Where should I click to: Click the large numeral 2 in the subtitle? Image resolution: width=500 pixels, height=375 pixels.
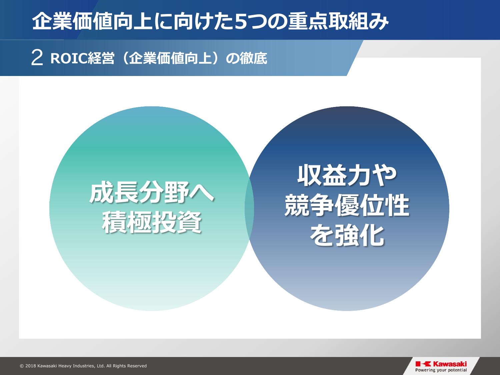point(37,58)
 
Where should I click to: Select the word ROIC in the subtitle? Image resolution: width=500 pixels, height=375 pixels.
point(69,59)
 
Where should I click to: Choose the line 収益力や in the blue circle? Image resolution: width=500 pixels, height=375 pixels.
point(347,175)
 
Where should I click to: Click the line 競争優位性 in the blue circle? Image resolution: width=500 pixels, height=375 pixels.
point(347,205)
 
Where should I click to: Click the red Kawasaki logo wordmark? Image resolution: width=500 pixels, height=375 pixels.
point(450,364)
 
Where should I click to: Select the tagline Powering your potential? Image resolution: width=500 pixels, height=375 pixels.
point(441,370)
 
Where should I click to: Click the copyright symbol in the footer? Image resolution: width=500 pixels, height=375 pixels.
point(22,366)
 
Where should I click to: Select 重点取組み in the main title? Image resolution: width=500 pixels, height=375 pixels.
point(338,22)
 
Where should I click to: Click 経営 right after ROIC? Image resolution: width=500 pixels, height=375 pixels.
point(101,59)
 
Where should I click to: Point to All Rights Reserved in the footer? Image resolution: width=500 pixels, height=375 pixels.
point(126,366)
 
